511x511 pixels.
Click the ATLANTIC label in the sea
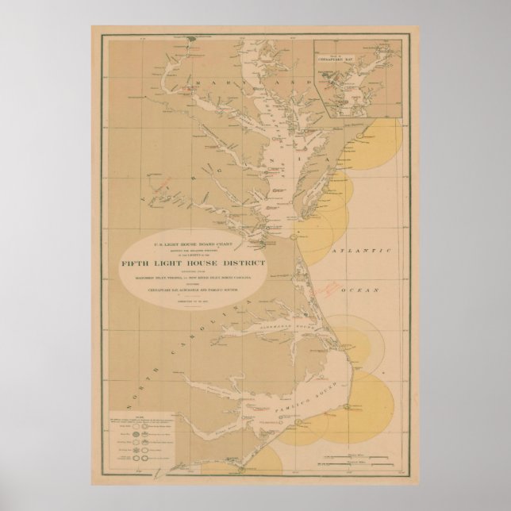360,252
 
